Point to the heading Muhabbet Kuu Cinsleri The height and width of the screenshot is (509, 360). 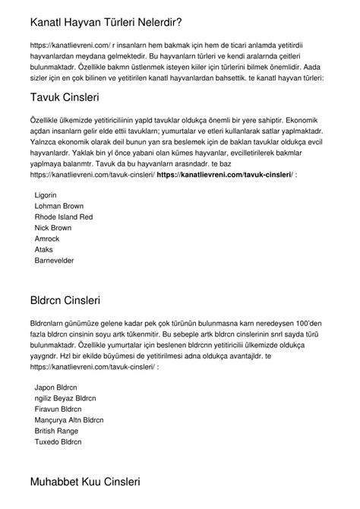95,482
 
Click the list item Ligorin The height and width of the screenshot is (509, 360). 46,195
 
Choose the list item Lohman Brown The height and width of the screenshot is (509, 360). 58,206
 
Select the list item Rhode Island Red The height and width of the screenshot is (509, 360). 64,217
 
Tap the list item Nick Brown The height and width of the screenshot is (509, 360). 53,227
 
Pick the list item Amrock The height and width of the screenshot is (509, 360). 48,238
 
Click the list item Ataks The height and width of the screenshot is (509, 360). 44,248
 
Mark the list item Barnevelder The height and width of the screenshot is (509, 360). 55,259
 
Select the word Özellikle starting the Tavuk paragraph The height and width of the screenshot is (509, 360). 44,120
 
